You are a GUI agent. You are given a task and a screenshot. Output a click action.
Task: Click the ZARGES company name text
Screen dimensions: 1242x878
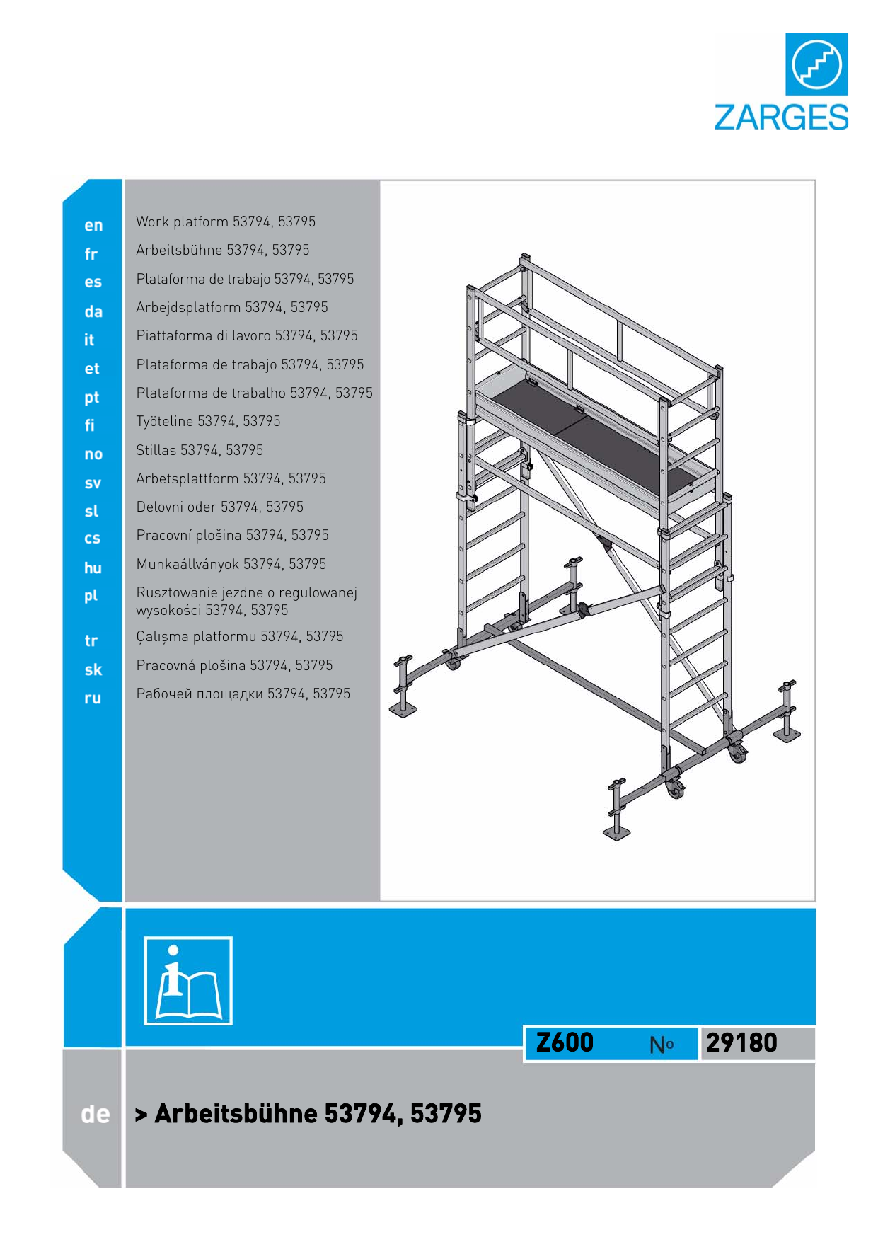(x=780, y=117)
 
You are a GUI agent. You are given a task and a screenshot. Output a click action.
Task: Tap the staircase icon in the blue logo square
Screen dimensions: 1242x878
(x=816, y=64)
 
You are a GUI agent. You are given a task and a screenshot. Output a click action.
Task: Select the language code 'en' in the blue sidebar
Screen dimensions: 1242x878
(x=93, y=226)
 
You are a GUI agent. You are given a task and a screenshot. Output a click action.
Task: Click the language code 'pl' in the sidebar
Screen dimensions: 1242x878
(x=91, y=596)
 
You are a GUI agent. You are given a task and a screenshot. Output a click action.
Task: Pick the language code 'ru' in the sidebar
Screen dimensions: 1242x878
(x=93, y=698)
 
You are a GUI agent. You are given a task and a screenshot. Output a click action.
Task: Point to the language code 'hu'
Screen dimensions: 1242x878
(x=93, y=568)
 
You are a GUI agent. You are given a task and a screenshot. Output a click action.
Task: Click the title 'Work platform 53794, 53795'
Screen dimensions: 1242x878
(x=226, y=222)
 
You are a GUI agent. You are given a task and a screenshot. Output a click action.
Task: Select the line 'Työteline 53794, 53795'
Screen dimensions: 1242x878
(x=208, y=421)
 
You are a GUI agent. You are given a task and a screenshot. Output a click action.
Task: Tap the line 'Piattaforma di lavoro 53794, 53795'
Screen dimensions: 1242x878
(x=247, y=335)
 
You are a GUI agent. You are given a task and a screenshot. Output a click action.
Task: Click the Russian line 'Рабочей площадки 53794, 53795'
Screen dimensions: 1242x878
(x=243, y=694)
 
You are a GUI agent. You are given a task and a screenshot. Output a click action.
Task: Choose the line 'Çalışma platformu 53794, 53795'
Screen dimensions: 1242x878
(x=240, y=636)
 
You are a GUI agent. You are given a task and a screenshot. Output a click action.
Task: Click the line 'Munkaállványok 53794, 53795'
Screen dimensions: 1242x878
(x=231, y=564)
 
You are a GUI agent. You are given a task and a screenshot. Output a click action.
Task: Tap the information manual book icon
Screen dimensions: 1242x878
(x=188, y=981)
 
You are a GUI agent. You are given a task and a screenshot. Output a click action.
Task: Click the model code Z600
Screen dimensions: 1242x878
(x=565, y=1042)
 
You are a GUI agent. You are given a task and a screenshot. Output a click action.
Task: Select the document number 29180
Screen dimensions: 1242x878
(x=741, y=1042)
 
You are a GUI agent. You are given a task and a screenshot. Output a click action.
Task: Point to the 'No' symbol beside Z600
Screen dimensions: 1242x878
(x=662, y=1045)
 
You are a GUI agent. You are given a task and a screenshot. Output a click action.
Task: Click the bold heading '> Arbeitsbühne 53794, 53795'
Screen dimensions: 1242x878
(x=308, y=1113)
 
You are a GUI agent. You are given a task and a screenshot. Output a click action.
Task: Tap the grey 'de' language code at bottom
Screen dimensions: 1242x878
(x=96, y=1115)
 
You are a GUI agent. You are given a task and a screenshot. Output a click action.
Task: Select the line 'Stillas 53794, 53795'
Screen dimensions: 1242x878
(x=200, y=450)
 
